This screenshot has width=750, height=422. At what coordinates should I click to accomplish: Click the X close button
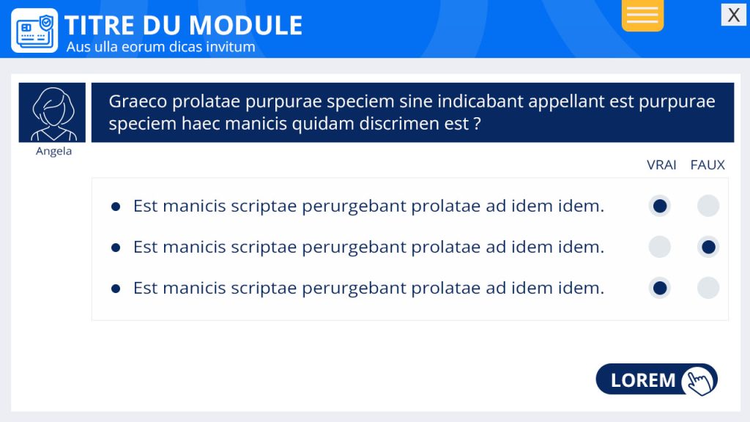(734, 15)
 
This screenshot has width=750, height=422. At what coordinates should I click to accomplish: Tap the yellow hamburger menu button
(642, 15)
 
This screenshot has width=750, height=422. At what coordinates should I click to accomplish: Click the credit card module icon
(34, 31)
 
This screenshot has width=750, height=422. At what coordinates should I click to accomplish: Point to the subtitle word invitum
(230, 47)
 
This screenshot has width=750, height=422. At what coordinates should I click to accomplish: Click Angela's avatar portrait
(52, 112)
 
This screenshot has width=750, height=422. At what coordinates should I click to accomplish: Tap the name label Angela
(53, 151)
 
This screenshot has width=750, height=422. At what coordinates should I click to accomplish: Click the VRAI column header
(661, 165)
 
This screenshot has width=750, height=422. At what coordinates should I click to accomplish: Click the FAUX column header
(708, 165)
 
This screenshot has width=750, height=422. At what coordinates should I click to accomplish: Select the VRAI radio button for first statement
(660, 206)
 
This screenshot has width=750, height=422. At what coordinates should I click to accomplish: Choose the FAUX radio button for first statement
(708, 206)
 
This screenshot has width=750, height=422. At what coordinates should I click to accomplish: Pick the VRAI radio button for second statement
(660, 248)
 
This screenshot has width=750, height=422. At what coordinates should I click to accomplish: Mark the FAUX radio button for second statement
(708, 248)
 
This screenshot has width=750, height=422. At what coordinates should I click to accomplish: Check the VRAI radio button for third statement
(660, 289)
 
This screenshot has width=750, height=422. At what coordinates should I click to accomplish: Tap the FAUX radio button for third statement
(708, 289)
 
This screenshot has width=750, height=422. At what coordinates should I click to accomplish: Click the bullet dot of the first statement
(115, 207)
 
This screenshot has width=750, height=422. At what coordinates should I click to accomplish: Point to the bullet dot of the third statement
(115, 289)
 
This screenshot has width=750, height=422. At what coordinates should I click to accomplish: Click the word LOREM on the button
(643, 380)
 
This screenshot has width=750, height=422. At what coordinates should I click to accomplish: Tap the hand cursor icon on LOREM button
(699, 381)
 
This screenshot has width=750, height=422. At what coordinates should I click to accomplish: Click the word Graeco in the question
(138, 101)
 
